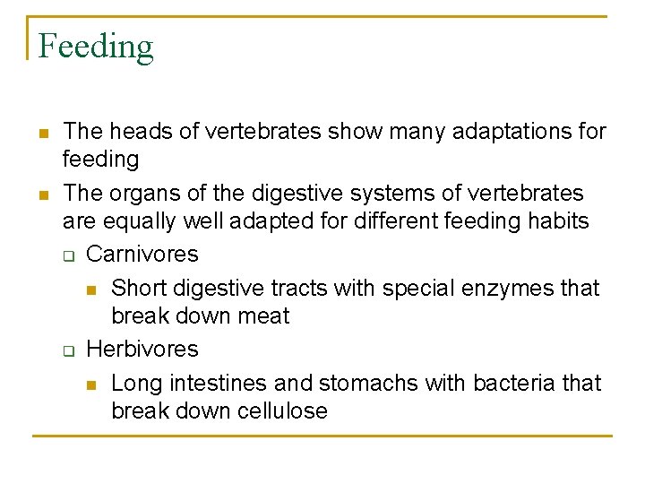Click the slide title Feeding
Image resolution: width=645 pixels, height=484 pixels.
96,46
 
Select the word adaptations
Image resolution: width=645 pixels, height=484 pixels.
501,132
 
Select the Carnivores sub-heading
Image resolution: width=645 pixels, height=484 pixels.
142,254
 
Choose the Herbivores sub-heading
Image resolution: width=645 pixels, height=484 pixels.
142,349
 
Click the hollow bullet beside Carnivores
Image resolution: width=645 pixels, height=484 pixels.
67,255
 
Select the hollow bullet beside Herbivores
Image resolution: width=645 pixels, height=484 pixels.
67,350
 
